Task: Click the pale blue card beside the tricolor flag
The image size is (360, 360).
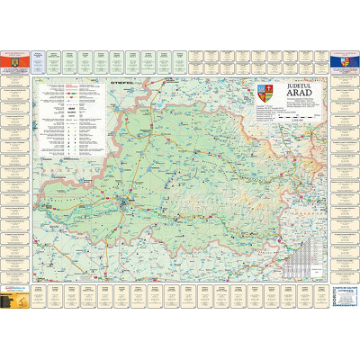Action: pos(39,60)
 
